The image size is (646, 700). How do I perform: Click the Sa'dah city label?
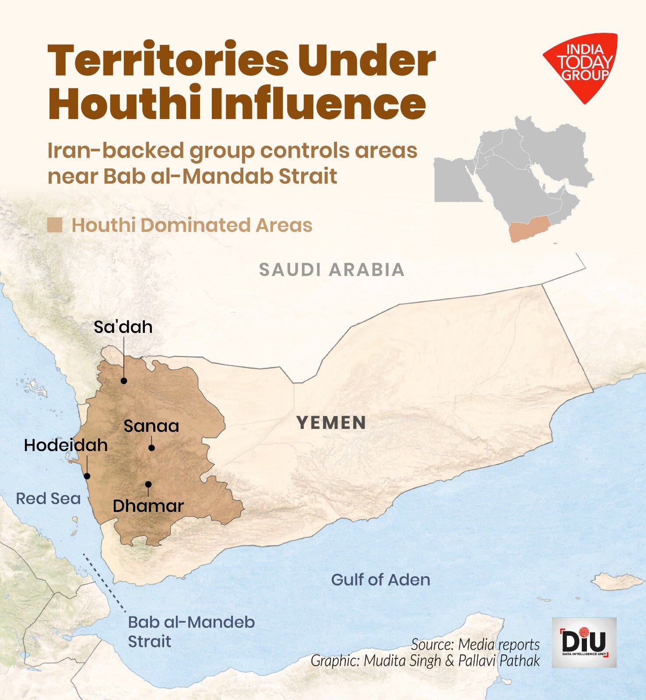click(x=123, y=327)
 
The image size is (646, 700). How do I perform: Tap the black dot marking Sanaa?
click(x=151, y=448)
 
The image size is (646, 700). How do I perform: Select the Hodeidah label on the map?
click(x=66, y=445)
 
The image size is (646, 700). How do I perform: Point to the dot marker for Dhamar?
click(x=148, y=484)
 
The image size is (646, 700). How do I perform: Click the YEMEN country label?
click(x=331, y=423)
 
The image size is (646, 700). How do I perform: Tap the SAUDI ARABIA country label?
click(x=332, y=269)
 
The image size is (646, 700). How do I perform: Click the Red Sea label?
click(x=48, y=499)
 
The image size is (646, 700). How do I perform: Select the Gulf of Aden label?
click(x=380, y=580)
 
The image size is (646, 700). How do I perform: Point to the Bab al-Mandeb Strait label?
click(x=191, y=631)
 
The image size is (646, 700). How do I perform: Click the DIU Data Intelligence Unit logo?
click(x=584, y=642)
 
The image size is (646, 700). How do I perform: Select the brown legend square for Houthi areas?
click(x=55, y=225)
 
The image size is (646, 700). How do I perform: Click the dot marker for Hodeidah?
click(x=87, y=476)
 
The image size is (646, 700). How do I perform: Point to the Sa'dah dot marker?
click(x=124, y=381)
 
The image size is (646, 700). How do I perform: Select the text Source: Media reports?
click(x=475, y=644)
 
